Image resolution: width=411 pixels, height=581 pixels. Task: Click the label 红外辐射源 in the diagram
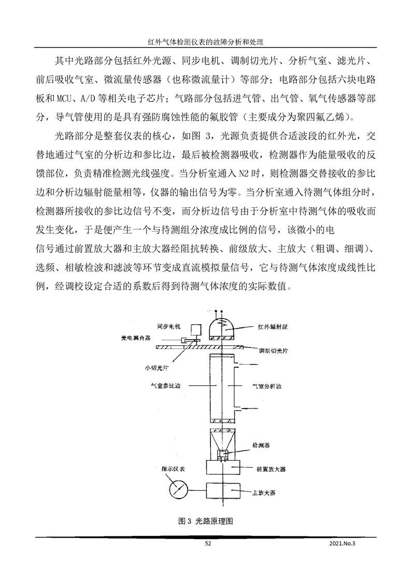tap(275, 327)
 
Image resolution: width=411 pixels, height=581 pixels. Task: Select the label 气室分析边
tap(270, 386)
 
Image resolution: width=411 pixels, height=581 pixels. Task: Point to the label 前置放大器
tap(271, 469)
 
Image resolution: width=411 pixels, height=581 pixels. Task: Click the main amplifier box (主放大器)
tap(222, 490)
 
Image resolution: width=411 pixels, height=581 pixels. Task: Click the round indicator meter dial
tap(179, 489)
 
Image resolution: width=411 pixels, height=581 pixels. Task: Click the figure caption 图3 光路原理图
tap(205, 521)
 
